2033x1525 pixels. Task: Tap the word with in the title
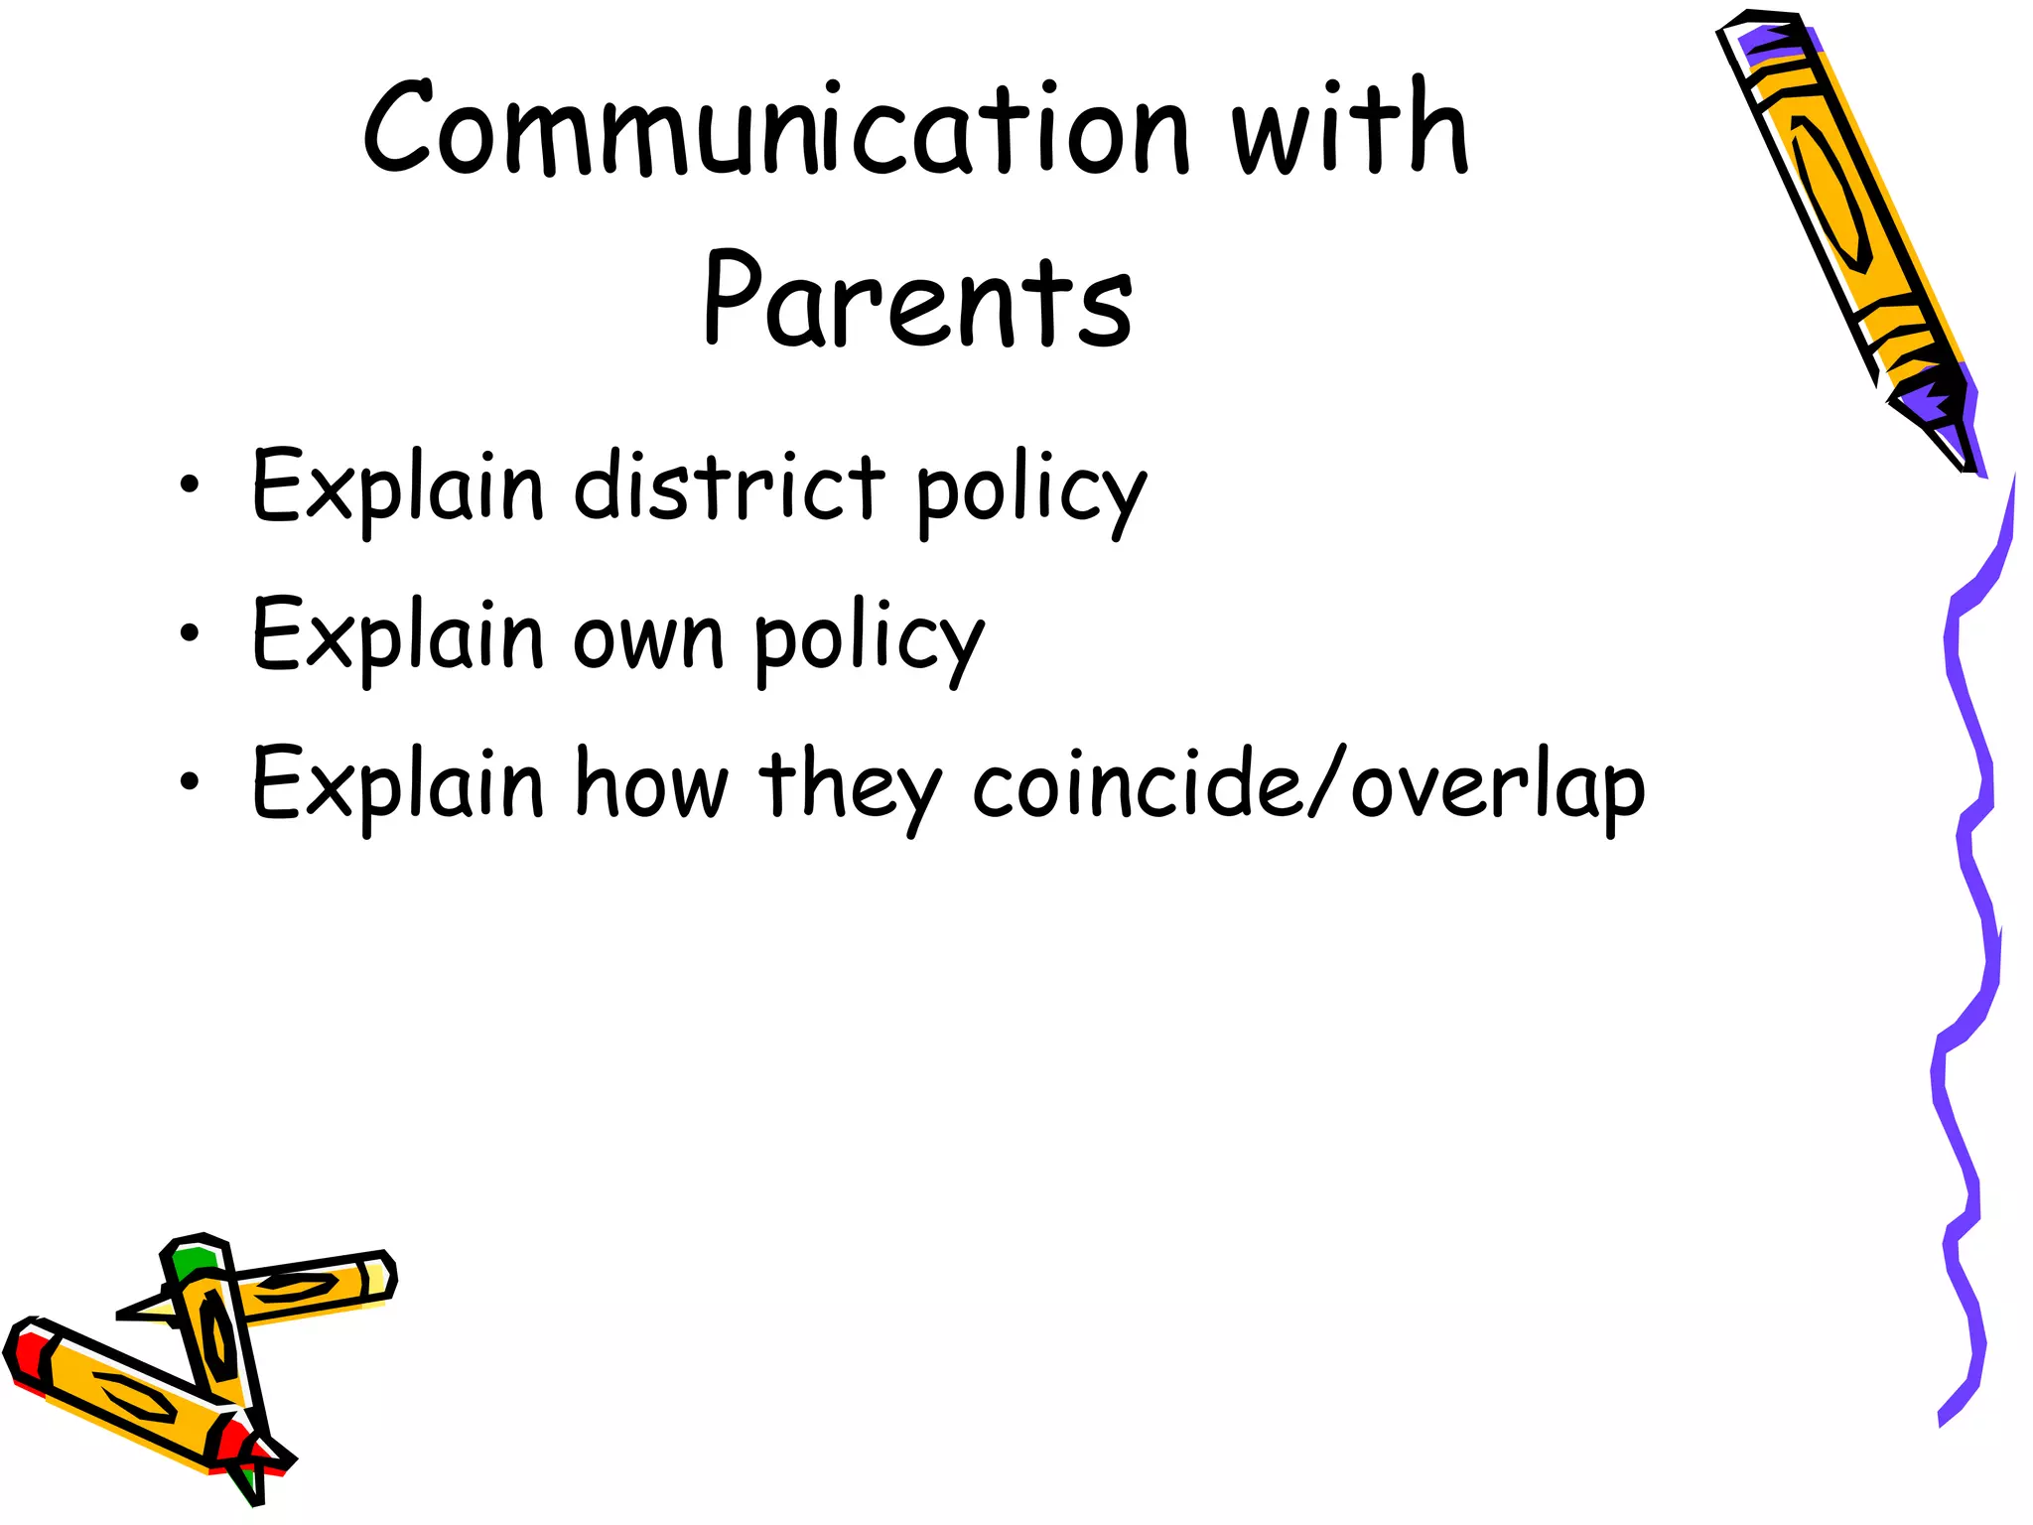(1349, 128)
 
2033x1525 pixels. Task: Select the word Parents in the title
(917, 299)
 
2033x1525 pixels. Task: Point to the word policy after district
(1030, 492)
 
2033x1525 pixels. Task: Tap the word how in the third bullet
(652, 783)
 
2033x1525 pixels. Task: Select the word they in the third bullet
(850, 788)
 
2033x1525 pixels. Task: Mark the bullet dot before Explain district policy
(189, 485)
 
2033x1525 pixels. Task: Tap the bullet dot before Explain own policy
(189, 633)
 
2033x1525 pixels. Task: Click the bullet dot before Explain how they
(189, 781)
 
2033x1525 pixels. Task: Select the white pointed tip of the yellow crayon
(144, 1311)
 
